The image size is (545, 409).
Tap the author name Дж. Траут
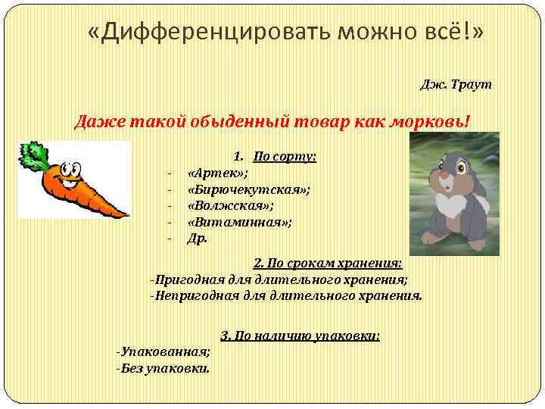pos(456,84)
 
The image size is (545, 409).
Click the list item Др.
pos(197,238)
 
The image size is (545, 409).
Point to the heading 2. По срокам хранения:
pos(328,264)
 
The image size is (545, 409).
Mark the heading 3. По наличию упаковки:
pos(300,335)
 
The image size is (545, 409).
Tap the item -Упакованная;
pos(163,352)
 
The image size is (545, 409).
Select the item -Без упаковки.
pos(163,369)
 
